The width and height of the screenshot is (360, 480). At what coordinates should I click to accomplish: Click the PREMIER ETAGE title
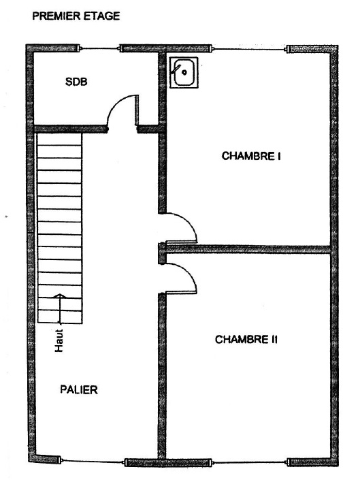tap(76, 16)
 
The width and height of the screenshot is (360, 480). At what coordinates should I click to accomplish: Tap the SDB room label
tap(76, 82)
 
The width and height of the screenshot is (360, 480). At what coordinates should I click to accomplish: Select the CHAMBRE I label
tap(251, 156)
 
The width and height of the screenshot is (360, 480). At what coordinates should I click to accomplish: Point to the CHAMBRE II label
tap(246, 340)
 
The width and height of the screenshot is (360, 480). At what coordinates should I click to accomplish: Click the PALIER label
tap(79, 389)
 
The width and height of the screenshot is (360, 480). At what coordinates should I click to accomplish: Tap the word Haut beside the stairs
tap(59, 340)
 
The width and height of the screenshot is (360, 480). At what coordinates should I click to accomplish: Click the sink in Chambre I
tap(184, 73)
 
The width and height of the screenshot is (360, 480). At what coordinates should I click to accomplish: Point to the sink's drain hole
tap(184, 73)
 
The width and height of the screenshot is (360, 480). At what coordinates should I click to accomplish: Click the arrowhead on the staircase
tap(60, 295)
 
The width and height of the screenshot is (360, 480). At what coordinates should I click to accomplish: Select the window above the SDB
tap(99, 48)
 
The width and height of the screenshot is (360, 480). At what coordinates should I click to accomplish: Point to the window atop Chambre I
tap(249, 49)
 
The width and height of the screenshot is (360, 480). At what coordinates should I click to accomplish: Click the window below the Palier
tap(92, 461)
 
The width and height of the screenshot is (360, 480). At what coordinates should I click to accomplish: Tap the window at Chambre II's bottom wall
tap(249, 462)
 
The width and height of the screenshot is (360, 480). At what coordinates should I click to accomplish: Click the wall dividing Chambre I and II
tap(248, 249)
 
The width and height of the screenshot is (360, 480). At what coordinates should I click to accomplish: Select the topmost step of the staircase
tap(59, 139)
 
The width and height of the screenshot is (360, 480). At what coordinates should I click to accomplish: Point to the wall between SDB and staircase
tap(70, 129)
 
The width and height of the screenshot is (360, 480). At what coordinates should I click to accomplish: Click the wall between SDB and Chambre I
tap(162, 89)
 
